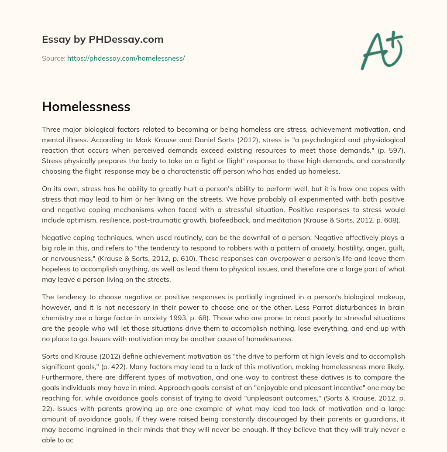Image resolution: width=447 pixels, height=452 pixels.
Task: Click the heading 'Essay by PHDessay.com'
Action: (x=103, y=39)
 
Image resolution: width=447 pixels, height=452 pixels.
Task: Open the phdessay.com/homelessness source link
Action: (x=126, y=58)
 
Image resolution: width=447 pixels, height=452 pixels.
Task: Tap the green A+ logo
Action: (x=381, y=50)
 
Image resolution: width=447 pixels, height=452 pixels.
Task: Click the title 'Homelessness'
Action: (x=86, y=107)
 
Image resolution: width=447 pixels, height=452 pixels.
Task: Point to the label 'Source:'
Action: (x=53, y=58)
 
